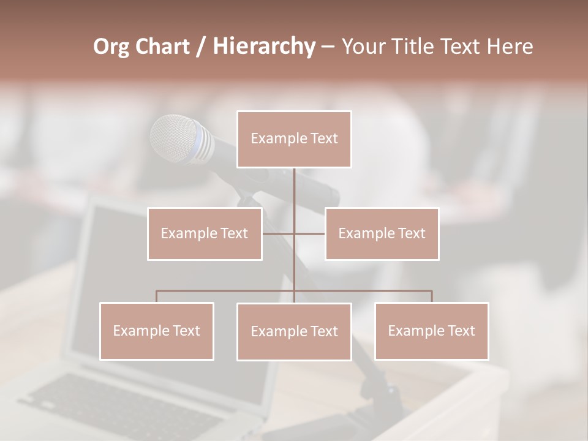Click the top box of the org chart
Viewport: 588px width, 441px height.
pyautogui.click(x=294, y=139)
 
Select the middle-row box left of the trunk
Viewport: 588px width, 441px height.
pyautogui.click(x=205, y=233)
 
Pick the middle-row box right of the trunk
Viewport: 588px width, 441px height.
pyautogui.click(x=382, y=233)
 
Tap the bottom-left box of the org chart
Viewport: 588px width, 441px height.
pyautogui.click(x=157, y=331)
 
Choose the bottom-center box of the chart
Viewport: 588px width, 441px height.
pyautogui.click(x=294, y=331)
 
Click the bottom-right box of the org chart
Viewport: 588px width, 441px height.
pyautogui.click(x=432, y=331)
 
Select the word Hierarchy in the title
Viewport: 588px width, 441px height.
pyautogui.click(x=264, y=47)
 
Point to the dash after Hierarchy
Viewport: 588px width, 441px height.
pyautogui.click(x=328, y=47)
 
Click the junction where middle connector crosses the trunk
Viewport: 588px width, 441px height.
pyautogui.click(x=294, y=233)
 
